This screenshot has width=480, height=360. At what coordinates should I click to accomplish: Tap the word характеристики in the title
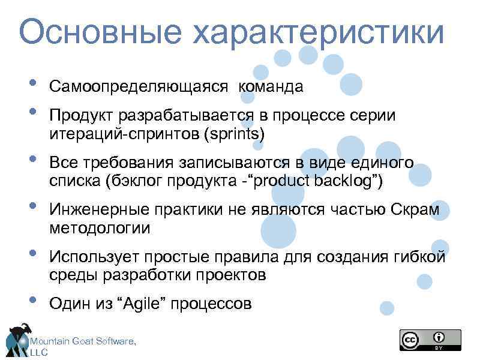(319, 32)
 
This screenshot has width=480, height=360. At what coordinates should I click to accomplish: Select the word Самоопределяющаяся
(139, 87)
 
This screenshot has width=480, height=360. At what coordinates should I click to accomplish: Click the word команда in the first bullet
(271, 87)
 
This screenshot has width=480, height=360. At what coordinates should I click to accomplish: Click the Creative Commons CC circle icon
(410, 339)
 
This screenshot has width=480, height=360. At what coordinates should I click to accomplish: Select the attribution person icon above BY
(440, 337)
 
